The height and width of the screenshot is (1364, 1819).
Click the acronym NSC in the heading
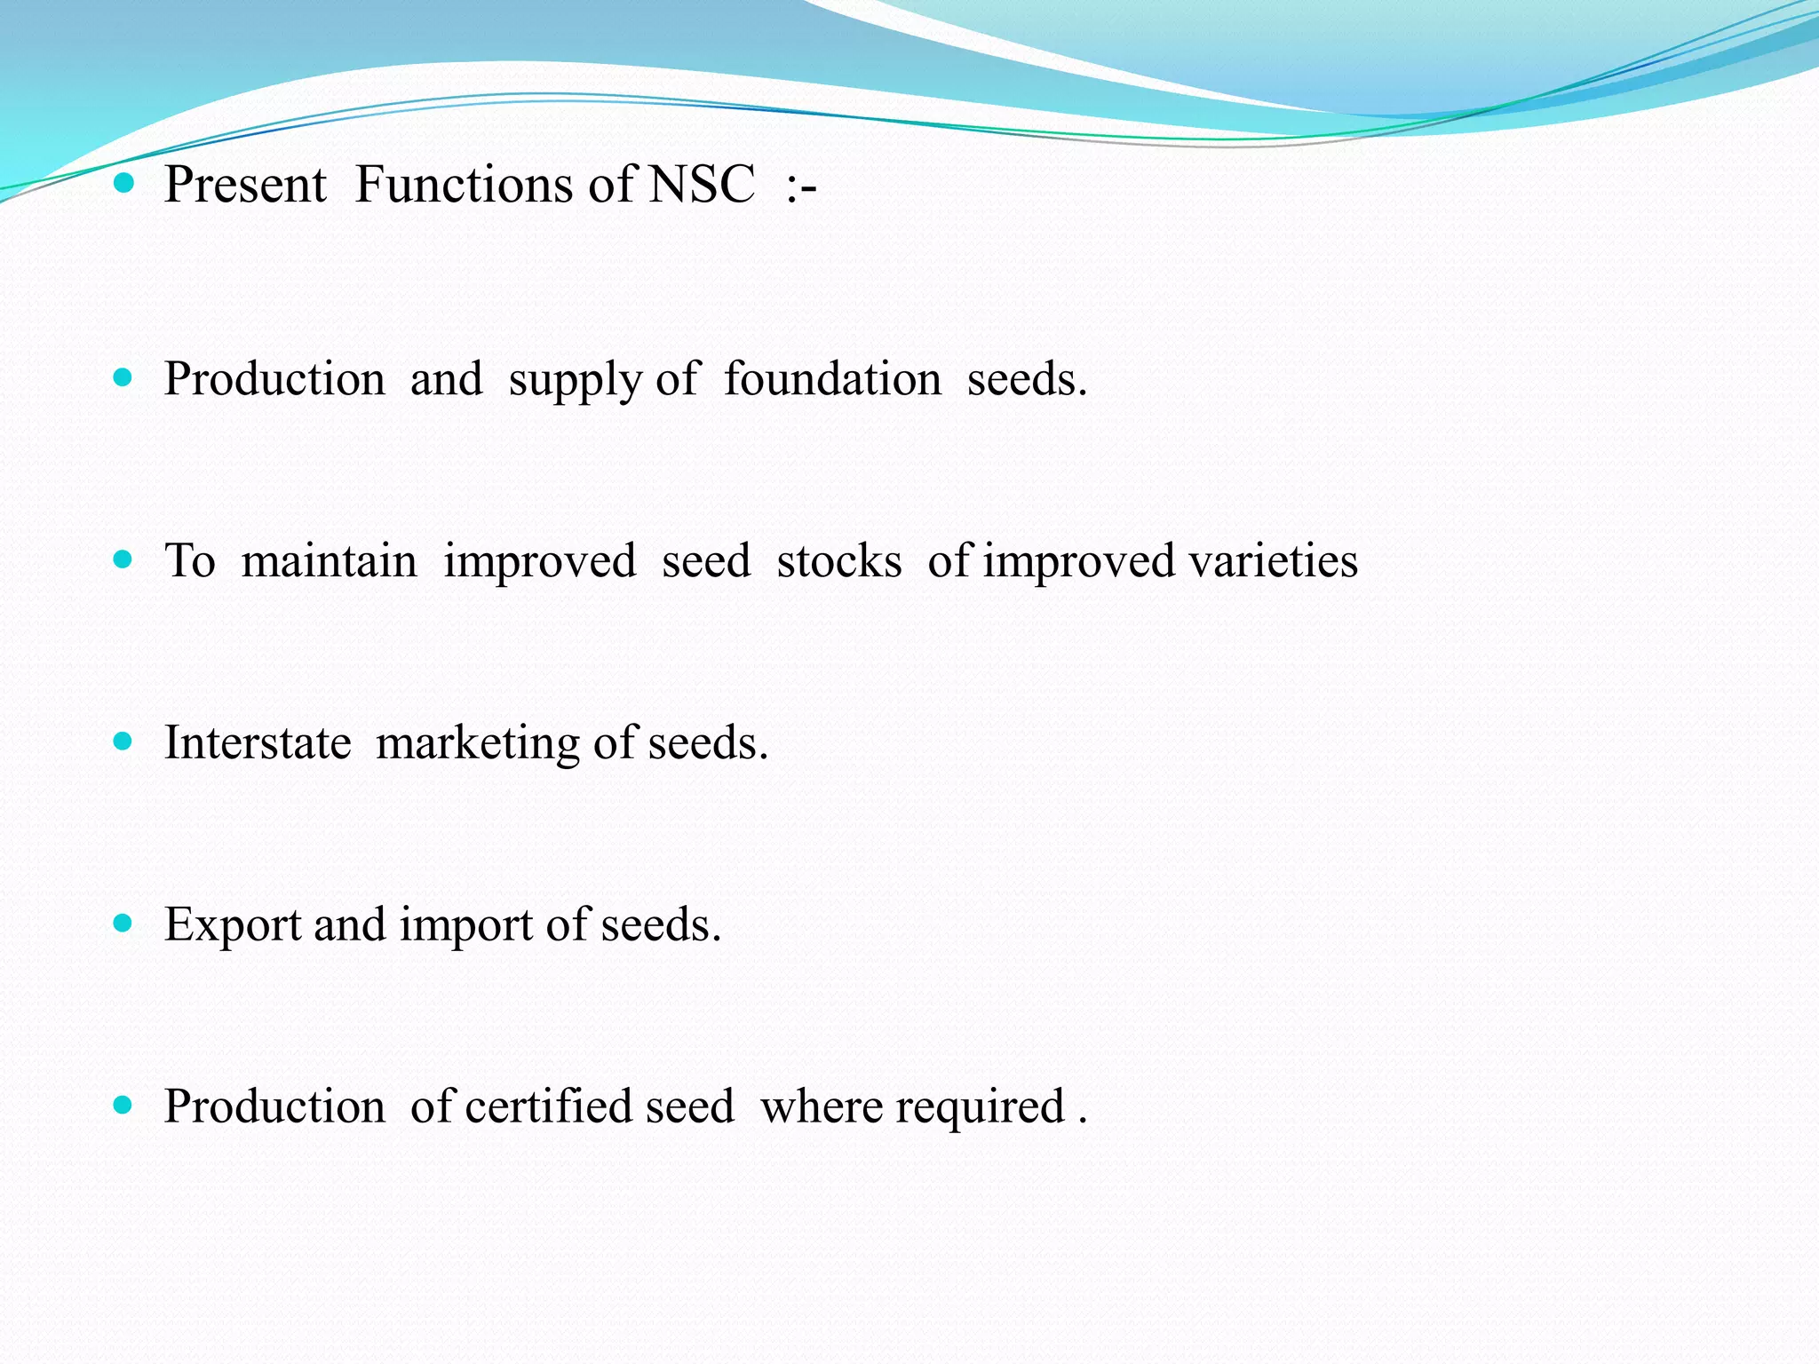(702, 185)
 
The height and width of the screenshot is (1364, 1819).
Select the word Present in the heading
(245, 185)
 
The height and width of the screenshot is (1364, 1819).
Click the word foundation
(832, 379)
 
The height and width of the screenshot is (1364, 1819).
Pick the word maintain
(329, 561)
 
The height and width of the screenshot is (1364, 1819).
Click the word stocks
(838, 561)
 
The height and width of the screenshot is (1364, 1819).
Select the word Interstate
(258, 742)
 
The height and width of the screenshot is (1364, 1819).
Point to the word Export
(233, 925)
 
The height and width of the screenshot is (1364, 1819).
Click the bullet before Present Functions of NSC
(123, 184)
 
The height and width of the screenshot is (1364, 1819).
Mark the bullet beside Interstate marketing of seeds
(123, 741)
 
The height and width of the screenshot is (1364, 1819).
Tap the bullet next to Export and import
(123, 924)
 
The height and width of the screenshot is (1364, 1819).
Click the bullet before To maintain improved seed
(123, 559)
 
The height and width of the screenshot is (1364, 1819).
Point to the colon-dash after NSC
(800, 186)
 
